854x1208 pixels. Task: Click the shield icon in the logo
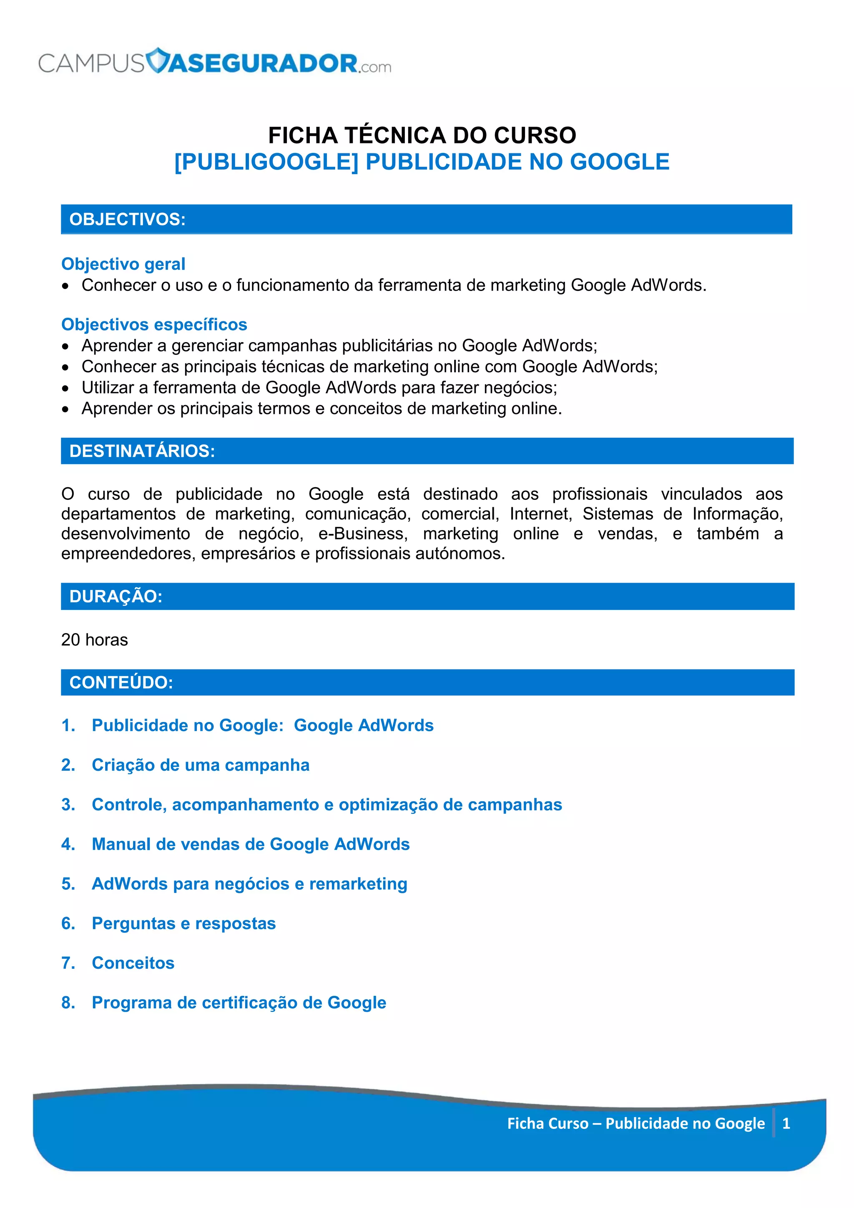point(157,60)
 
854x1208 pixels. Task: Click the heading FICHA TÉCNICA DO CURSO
point(422,135)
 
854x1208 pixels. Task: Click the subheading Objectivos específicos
point(154,325)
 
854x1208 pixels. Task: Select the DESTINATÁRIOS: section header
point(142,451)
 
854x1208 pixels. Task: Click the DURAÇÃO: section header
point(116,596)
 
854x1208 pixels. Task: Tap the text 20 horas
point(95,640)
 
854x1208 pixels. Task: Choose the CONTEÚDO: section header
point(121,683)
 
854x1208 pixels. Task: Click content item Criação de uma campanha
point(201,765)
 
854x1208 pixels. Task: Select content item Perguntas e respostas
point(183,923)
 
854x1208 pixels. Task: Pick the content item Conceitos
point(133,963)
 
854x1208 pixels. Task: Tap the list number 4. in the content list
point(68,845)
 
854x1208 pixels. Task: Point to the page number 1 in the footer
point(786,1124)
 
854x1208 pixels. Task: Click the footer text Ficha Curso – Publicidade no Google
point(635,1124)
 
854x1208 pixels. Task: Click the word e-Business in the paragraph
point(363,534)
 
